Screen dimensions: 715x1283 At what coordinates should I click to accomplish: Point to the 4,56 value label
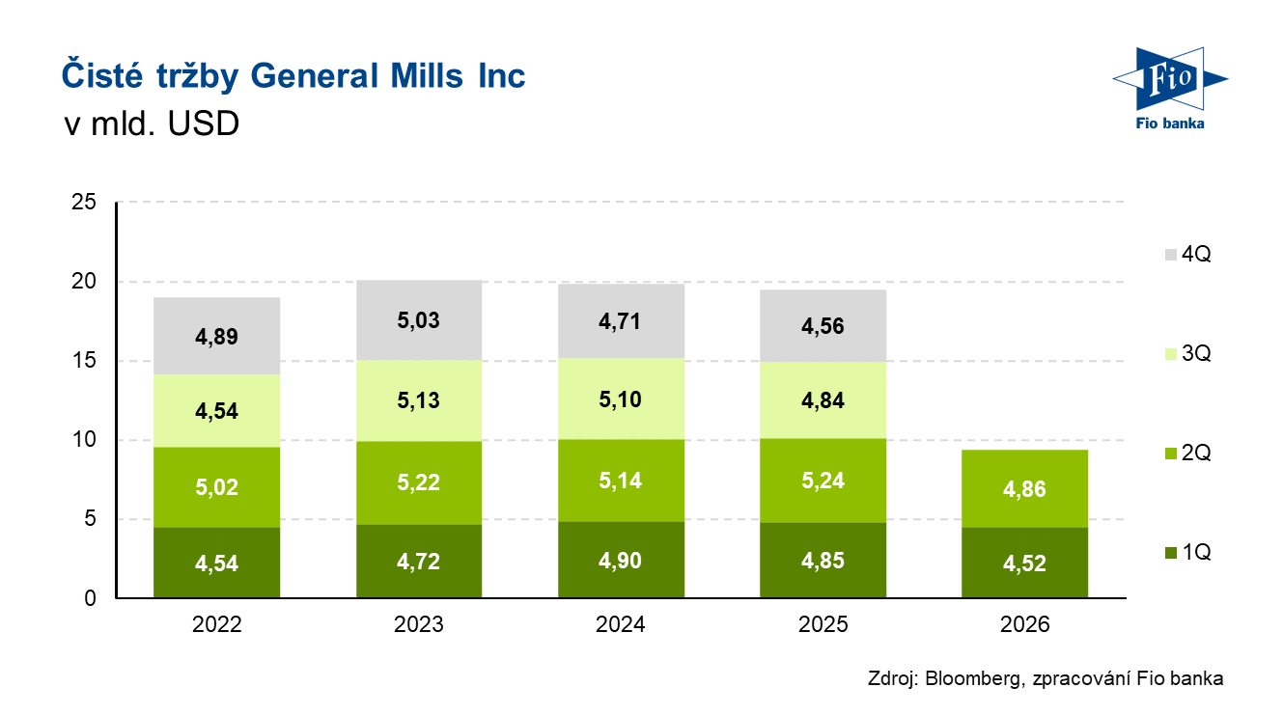pyautogui.click(x=823, y=327)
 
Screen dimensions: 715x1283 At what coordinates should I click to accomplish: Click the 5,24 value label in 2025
pyautogui.click(x=823, y=481)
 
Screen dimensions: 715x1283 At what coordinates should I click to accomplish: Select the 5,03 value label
pyautogui.click(x=419, y=319)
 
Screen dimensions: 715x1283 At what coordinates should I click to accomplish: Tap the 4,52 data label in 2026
pyautogui.click(x=1026, y=563)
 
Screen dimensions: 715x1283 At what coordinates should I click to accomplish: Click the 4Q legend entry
pyautogui.click(x=1186, y=255)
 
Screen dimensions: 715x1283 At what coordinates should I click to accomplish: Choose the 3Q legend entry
pyautogui.click(x=1186, y=354)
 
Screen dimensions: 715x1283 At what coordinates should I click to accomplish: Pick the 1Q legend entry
pyautogui.click(x=1186, y=553)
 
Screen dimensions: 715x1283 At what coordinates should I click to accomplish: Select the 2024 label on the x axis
pyautogui.click(x=622, y=624)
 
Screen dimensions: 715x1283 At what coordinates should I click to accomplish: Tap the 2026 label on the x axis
pyautogui.click(x=1026, y=624)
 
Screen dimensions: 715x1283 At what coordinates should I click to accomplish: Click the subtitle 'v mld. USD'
pyautogui.click(x=151, y=125)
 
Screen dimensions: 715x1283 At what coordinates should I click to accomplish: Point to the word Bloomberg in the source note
pyautogui.click(x=972, y=678)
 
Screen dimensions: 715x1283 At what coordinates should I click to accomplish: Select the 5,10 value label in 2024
pyautogui.click(x=622, y=399)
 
